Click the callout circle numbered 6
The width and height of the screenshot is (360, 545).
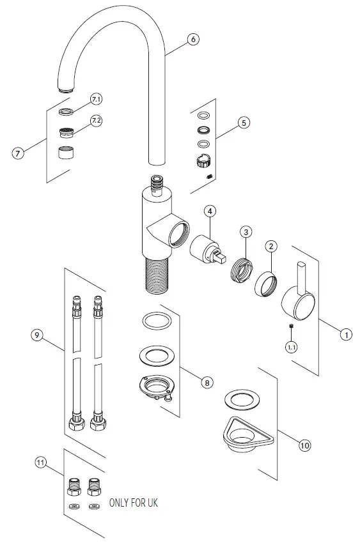tap(193, 39)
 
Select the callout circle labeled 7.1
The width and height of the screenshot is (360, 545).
tap(96, 99)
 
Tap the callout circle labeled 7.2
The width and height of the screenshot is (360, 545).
tap(96, 121)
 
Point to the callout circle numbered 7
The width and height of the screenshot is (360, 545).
tap(19, 153)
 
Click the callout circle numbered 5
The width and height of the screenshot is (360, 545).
tap(242, 122)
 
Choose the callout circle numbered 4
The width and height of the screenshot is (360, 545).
tap(211, 210)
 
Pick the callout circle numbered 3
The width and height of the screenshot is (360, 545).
tap(247, 231)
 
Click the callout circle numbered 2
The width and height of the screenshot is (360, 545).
tap(271, 245)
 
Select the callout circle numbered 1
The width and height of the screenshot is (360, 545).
tap(345, 334)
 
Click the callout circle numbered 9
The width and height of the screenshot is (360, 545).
tap(38, 334)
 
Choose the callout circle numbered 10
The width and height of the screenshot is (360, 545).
tap(304, 445)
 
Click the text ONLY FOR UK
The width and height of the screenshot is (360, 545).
tap(133, 503)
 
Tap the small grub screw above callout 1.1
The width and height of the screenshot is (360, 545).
tap(291, 327)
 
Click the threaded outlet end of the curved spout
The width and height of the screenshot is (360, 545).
tap(65, 88)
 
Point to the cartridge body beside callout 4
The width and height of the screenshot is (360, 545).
tap(208, 248)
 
